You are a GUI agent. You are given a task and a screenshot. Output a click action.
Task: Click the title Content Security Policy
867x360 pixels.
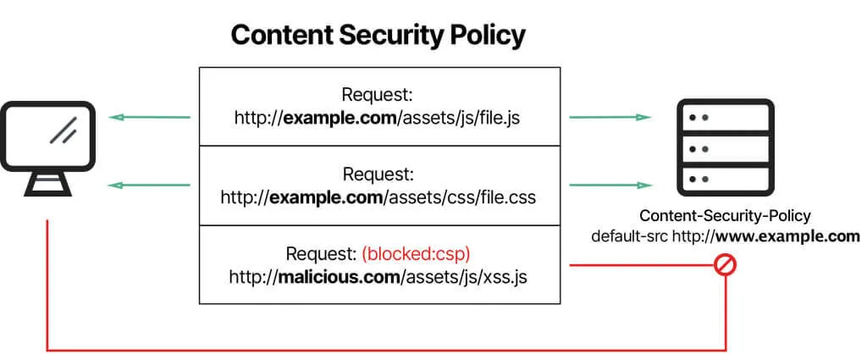[x=378, y=35]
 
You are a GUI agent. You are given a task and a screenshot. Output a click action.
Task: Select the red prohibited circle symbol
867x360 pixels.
[x=726, y=265]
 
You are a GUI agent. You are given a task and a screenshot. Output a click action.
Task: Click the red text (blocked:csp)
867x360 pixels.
[x=415, y=253]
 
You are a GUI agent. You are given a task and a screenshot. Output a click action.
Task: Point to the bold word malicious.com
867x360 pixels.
[x=336, y=276]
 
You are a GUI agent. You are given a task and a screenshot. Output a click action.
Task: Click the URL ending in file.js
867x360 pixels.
[x=378, y=117]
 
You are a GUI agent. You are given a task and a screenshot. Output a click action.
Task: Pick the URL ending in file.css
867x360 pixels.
[x=378, y=197]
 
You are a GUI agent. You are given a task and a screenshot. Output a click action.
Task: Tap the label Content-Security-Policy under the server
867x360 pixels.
[x=725, y=216]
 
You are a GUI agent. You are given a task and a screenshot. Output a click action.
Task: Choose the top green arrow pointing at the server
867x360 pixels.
[x=610, y=117]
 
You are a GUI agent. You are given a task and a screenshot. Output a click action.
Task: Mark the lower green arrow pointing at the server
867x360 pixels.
[x=610, y=185]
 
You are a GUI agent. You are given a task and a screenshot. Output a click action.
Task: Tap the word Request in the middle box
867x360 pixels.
[x=378, y=174]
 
